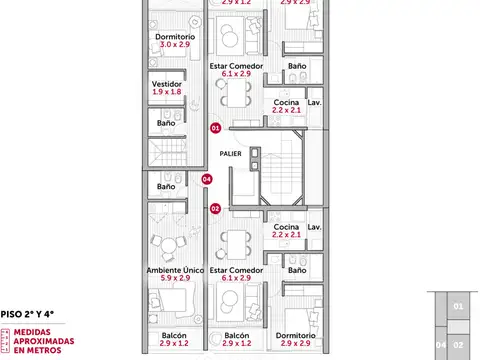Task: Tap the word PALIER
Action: click(231, 154)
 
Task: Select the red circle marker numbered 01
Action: click(215, 127)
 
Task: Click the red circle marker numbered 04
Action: click(207, 179)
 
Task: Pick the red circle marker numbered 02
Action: click(215, 208)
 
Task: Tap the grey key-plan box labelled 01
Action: click(458, 306)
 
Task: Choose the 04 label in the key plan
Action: click(441, 346)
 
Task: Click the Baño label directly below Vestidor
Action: click(166, 123)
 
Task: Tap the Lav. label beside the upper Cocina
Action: click(314, 102)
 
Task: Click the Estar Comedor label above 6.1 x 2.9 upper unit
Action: click(236, 65)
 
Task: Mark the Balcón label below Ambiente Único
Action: click(173, 335)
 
